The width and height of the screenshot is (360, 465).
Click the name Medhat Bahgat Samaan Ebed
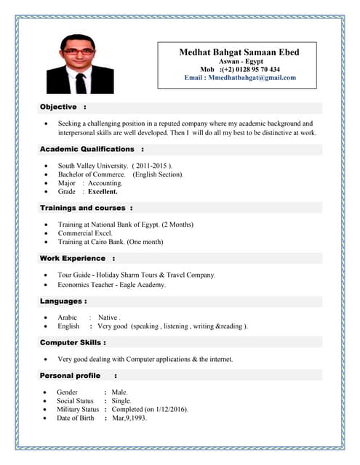click(239, 52)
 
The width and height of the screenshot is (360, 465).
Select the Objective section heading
click(59, 107)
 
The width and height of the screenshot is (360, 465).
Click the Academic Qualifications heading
click(87, 149)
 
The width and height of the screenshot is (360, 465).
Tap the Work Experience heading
click(73, 258)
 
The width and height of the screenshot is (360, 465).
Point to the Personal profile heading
click(70, 376)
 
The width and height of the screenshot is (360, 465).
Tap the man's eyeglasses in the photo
click(79, 52)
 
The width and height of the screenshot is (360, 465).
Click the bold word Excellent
click(103, 192)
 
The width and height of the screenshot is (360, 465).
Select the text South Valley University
click(93, 166)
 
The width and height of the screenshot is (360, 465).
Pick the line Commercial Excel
click(85, 233)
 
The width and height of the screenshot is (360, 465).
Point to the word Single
click(121, 401)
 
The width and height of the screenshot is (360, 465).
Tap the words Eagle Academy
click(143, 285)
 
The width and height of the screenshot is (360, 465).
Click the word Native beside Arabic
click(108, 318)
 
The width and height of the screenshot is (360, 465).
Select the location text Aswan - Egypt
click(239, 62)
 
